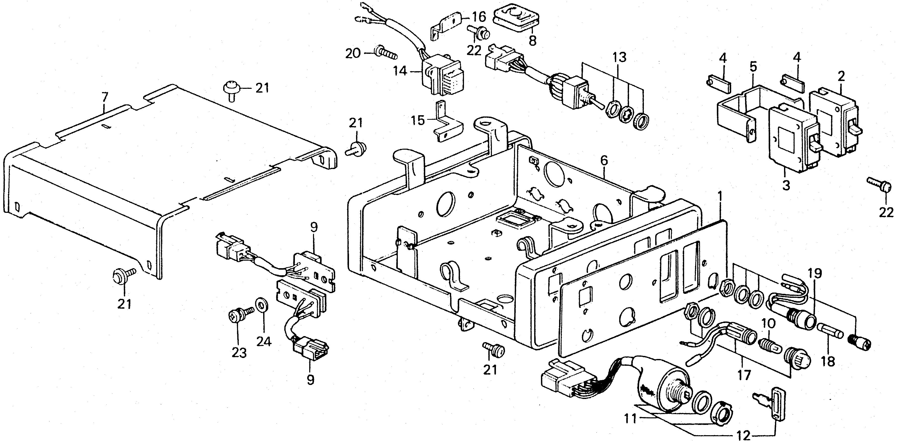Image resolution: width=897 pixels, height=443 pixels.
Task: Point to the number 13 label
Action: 620,57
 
